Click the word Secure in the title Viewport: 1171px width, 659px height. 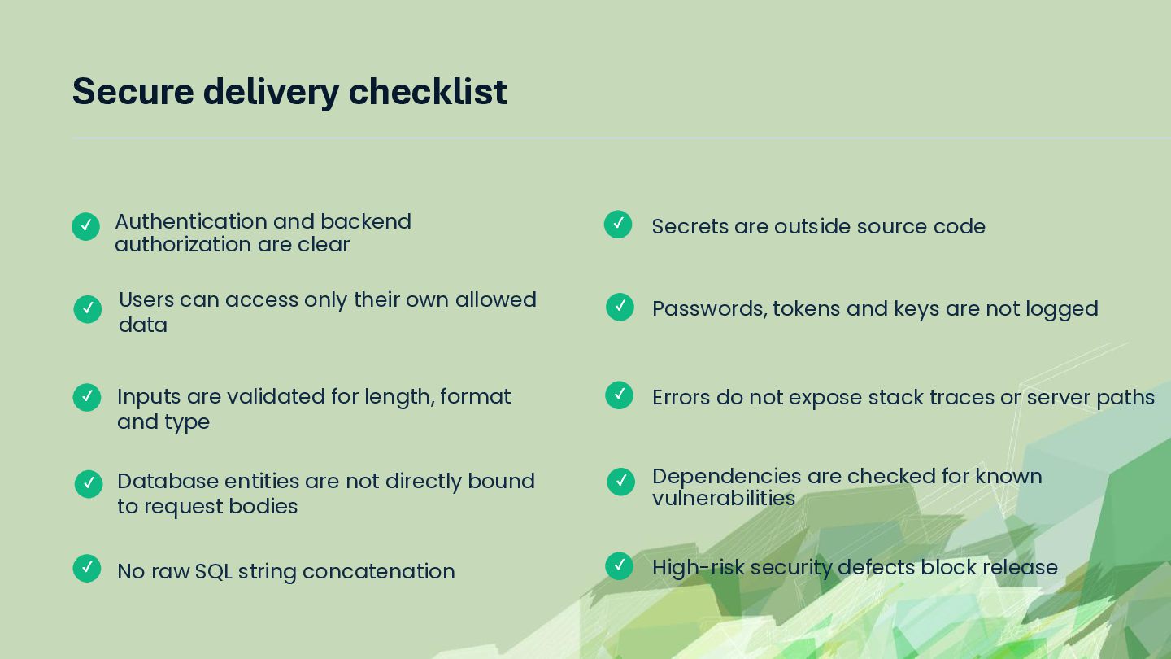pyautogui.click(x=133, y=91)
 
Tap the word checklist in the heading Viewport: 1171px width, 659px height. pyautogui.click(x=428, y=91)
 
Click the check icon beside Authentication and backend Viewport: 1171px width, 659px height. pyautogui.click(x=85, y=226)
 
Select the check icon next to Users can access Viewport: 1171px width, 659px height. pyautogui.click(x=88, y=309)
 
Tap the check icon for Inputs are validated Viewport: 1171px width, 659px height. pyautogui.click(x=87, y=398)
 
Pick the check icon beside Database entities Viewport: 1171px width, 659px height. pyautogui.click(x=89, y=484)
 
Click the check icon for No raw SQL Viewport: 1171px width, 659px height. pyautogui.click(x=87, y=569)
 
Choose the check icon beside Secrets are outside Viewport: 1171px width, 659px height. pyautogui.click(x=618, y=225)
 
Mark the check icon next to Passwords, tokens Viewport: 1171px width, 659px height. pyautogui.click(x=620, y=307)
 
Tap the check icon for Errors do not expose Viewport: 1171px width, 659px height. pyautogui.click(x=619, y=395)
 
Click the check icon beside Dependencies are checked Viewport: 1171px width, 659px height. pyautogui.click(x=621, y=481)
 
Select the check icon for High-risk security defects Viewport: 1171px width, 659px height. pyautogui.click(x=619, y=566)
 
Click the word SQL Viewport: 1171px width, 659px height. pyautogui.click(x=213, y=572)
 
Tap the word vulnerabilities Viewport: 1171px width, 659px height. pyautogui.click(x=724, y=499)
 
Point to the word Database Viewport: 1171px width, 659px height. pyautogui.click(x=168, y=481)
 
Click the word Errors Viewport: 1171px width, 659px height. pyautogui.click(x=681, y=398)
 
